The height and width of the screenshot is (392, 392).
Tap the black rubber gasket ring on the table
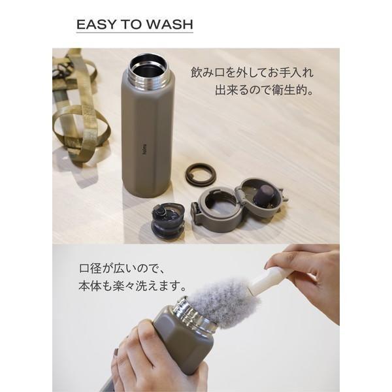coord(201,174)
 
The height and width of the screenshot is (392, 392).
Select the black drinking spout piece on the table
coord(166,221)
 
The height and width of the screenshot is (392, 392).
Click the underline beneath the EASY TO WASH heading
coord(135,33)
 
